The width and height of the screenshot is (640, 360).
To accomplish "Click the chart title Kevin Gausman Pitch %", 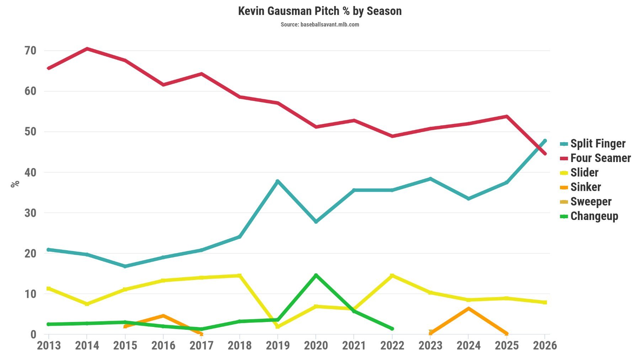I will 320,11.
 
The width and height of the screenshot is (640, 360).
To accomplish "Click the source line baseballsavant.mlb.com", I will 320,25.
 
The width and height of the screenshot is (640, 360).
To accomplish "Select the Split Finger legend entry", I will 598,144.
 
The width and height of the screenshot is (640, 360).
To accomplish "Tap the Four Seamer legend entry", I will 601,158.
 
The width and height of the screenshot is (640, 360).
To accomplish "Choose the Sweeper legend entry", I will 591,202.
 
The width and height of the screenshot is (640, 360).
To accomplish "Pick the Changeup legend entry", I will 594,216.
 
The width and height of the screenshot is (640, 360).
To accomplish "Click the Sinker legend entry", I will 586,187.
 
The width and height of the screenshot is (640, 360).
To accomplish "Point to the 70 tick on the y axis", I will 31,51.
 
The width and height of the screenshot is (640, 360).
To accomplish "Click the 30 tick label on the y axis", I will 31,213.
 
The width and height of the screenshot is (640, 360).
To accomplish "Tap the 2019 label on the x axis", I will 278,345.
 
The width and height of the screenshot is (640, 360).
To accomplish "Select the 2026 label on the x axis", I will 545,345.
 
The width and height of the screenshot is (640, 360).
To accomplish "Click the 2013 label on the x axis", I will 49,345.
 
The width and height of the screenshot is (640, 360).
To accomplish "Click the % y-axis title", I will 15,184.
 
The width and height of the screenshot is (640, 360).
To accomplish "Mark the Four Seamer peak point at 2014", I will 87,49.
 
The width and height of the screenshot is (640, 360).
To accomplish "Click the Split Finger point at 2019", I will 278,181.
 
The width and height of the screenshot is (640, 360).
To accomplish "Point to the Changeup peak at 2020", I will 316,275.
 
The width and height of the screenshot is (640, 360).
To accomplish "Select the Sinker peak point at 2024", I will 469,308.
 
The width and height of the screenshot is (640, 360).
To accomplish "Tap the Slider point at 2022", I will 392,275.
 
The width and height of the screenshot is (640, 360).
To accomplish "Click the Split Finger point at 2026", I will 545,141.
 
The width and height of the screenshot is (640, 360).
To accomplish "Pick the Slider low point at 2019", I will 278,326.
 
